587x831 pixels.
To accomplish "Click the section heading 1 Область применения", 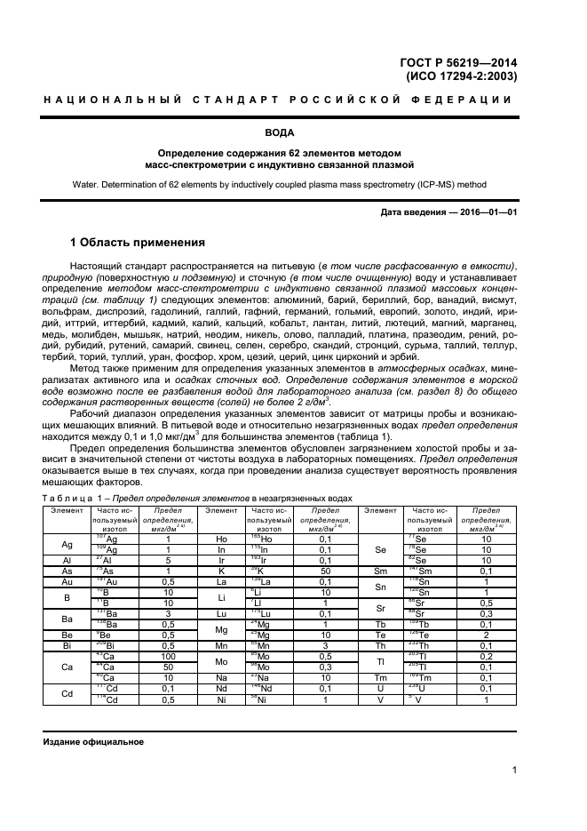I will click(x=138, y=243).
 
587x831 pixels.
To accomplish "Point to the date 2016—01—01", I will click(x=487, y=212).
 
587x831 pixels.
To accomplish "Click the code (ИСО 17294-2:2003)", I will click(x=463, y=76).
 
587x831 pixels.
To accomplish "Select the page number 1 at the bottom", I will click(x=514, y=771).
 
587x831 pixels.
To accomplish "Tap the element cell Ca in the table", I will click(x=67, y=666).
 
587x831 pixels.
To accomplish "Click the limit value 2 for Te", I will click(x=486, y=634).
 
